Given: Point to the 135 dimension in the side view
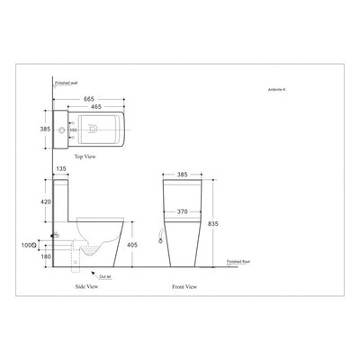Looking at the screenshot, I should pyautogui.click(x=61, y=166).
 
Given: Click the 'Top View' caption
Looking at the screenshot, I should pyautogui.click(x=86, y=156).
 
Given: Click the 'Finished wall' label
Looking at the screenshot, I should pyautogui.click(x=67, y=81).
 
